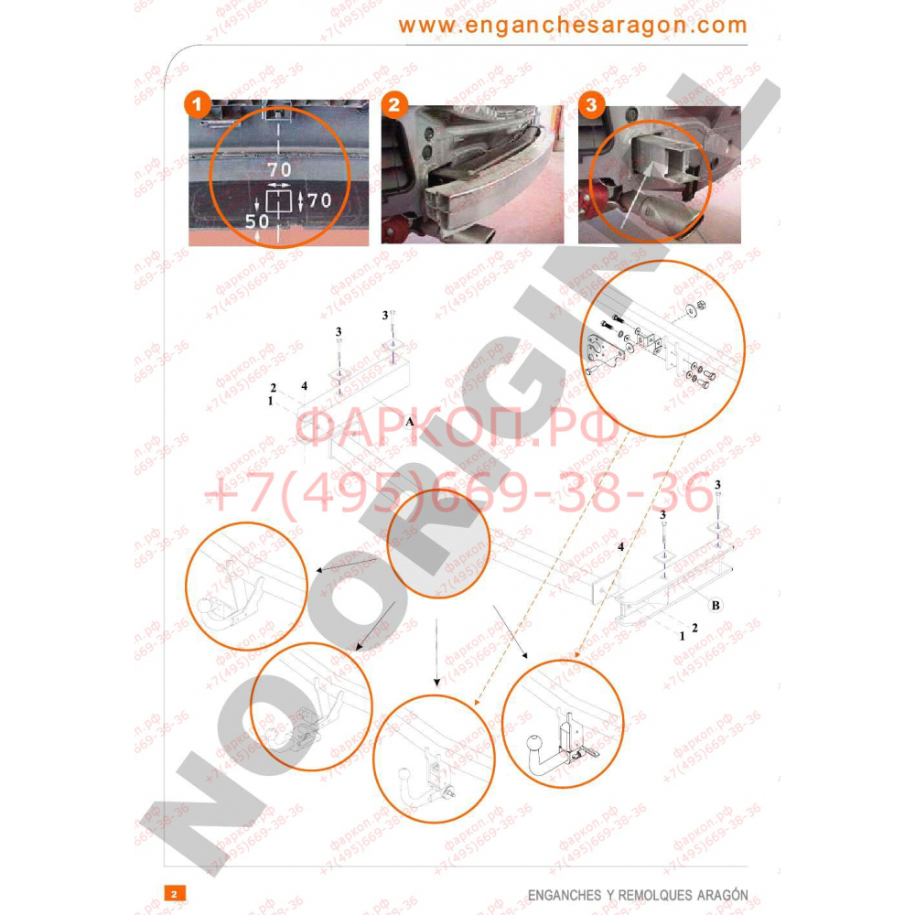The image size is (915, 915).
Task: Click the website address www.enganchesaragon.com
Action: [x=572, y=25]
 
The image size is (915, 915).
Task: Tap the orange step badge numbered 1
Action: [x=196, y=104]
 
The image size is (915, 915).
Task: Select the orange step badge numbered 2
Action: [x=393, y=104]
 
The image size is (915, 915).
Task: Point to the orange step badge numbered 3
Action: [x=591, y=104]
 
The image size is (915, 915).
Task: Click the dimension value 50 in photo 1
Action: [x=257, y=221]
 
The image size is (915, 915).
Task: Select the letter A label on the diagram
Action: [x=410, y=421]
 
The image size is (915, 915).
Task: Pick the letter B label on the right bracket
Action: [x=716, y=605]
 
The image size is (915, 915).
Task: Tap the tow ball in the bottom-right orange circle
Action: [x=535, y=744]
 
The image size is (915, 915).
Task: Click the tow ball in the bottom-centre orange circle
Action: [x=404, y=777]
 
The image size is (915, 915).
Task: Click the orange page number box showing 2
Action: [x=173, y=892]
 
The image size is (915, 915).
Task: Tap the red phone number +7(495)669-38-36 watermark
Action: [x=457, y=495]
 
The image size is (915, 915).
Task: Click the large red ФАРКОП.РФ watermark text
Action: [x=457, y=427]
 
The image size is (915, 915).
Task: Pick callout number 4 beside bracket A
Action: [x=303, y=385]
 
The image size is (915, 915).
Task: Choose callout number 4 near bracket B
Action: [x=620, y=546]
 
